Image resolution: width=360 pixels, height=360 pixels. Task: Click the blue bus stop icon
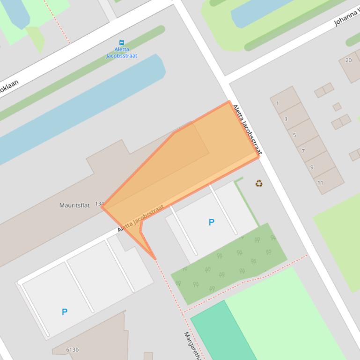click(122, 43)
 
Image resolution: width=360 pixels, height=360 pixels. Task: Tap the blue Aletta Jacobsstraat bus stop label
click(122, 52)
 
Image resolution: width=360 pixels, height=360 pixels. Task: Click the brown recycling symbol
click(259, 184)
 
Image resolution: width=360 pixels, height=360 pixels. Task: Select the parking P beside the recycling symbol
click(212, 223)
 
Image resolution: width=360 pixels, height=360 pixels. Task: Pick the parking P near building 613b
click(65, 312)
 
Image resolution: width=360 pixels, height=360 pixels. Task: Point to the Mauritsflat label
click(74, 205)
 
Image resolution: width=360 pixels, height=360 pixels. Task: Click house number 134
click(99, 204)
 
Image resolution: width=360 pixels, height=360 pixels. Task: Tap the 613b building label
click(73, 350)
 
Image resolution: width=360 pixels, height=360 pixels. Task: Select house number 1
click(278, 103)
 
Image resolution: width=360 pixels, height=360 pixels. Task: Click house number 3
click(286, 119)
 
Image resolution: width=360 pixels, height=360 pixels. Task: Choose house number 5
click(294, 135)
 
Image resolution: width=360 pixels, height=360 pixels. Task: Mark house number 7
click(303, 151)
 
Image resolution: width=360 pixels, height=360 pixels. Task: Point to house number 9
click(312, 167)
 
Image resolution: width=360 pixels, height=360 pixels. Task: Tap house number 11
click(320, 183)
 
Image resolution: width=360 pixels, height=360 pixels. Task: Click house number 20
click(348, 60)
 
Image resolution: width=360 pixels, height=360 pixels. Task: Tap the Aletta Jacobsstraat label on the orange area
click(141, 218)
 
